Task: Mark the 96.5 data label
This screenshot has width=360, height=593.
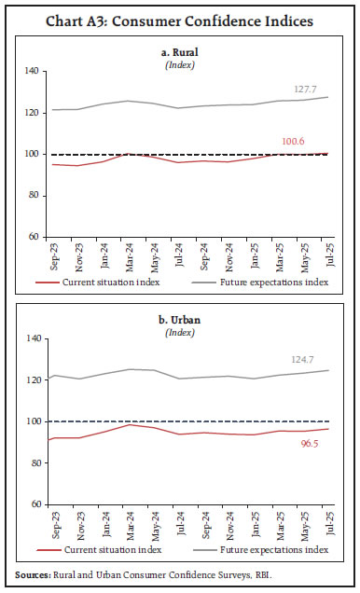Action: coord(306,446)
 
